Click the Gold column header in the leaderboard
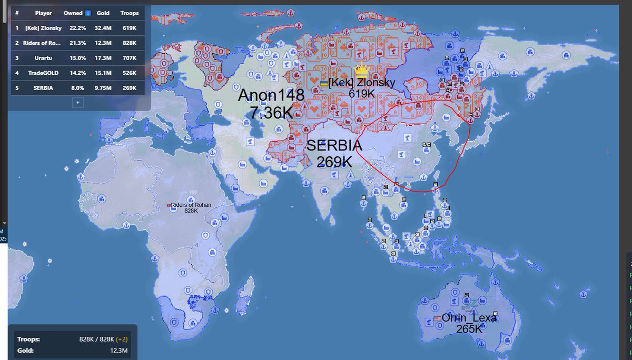(x=103, y=13)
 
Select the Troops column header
(x=130, y=13)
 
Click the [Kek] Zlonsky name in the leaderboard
(x=43, y=28)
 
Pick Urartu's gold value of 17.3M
(x=103, y=58)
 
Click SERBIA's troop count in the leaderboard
(x=130, y=88)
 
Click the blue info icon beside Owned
(x=88, y=13)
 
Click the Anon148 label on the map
(x=271, y=95)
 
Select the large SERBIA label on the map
(x=334, y=145)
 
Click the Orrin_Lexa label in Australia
(x=469, y=318)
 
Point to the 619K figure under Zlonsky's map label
(x=361, y=94)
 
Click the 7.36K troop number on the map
(x=271, y=112)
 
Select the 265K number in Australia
(x=469, y=329)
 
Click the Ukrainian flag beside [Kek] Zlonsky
(x=324, y=84)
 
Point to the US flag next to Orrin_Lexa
(x=437, y=318)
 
